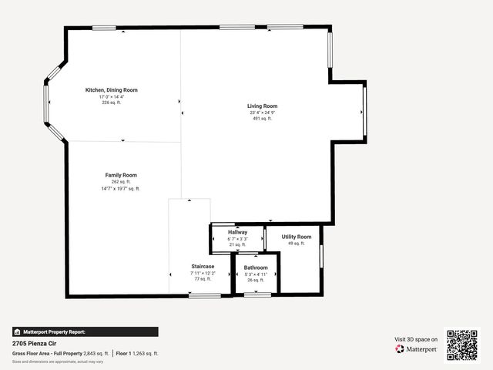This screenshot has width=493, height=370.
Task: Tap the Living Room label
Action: tap(262, 106)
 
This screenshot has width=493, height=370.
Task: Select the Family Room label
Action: tap(121, 175)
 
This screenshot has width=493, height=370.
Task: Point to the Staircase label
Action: tap(203, 266)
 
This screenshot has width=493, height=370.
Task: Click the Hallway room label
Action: tap(237, 232)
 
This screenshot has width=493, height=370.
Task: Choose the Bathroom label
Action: tap(256, 267)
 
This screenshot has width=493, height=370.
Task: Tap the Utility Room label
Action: tap(297, 237)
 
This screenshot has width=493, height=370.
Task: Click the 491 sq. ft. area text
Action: tap(262, 119)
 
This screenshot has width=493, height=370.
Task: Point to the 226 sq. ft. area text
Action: tap(112, 103)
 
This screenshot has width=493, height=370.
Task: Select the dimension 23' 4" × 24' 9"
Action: tap(262, 113)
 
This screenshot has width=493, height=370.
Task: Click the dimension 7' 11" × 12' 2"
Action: tap(203, 273)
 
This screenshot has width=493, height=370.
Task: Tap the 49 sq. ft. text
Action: tap(297, 244)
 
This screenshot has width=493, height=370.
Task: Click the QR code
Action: tap(462, 345)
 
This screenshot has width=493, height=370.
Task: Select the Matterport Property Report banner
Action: tap(85, 331)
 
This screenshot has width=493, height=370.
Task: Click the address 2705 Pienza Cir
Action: tap(34, 343)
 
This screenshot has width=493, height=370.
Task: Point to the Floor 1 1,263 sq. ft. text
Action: tap(138, 353)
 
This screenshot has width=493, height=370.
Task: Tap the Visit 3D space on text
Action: tap(416, 339)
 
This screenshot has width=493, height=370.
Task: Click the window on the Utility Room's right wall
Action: tap(322, 254)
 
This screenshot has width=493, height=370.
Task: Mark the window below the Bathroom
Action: tap(257, 294)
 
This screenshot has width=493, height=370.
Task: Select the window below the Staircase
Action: tap(204, 295)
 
